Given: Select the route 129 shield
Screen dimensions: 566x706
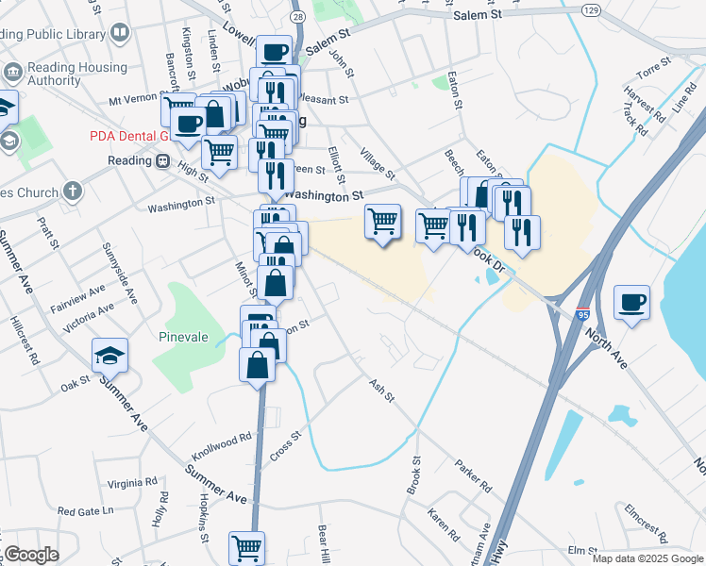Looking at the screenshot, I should click(x=590, y=8).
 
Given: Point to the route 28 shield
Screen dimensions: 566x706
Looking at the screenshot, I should click(x=297, y=18).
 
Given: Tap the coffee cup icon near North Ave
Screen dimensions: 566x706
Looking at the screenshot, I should click(x=631, y=303).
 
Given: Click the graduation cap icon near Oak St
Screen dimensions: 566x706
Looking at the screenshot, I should click(x=109, y=356).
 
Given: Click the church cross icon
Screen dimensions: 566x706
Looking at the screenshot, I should click(x=73, y=192).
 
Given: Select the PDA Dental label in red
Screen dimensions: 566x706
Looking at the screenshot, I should click(x=128, y=136).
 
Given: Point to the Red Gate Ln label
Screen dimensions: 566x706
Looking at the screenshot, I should click(x=85, y=510).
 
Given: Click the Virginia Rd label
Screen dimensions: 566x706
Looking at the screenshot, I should click(x=132, y=482).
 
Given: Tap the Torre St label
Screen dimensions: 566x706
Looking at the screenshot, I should click(x=652, y=66).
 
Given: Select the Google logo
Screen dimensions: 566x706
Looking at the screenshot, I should click(x=31, y=555).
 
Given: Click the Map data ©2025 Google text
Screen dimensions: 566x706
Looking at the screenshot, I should click(x=647, y=558).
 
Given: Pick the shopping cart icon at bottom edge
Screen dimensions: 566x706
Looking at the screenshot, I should click(x=246, y=546).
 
